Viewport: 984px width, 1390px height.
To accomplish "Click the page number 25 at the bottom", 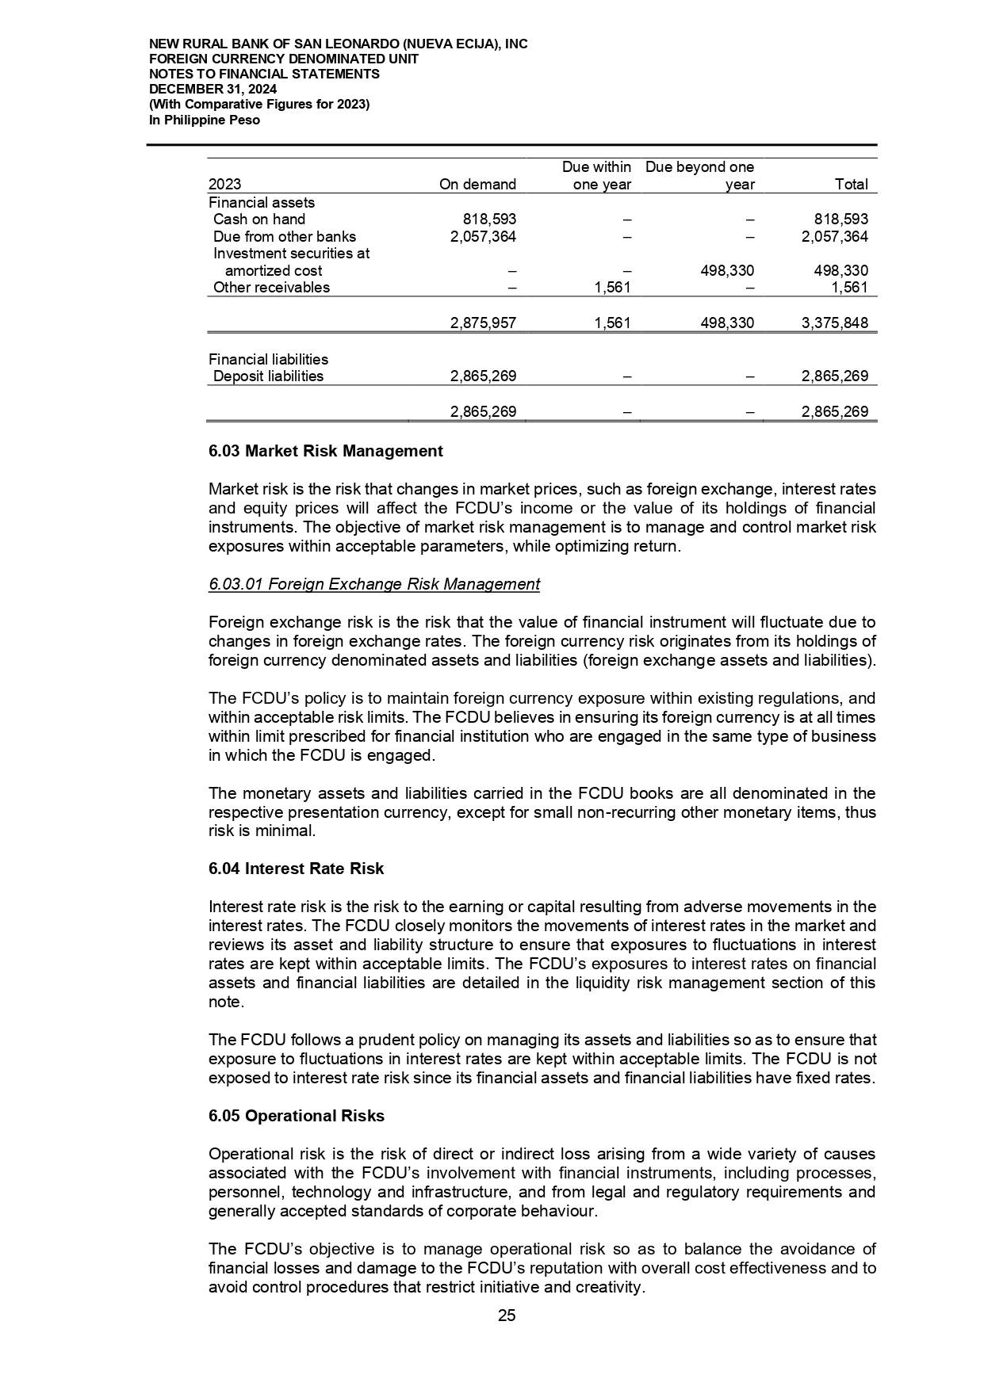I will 507,1316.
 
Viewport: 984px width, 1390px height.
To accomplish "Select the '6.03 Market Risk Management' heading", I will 325,451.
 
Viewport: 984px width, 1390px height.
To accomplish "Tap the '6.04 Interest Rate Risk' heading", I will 296,869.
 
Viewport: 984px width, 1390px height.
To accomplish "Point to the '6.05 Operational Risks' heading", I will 296,1116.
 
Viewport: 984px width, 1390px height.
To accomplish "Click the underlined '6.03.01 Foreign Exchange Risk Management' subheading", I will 373,584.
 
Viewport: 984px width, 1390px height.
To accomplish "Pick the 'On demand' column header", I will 477,185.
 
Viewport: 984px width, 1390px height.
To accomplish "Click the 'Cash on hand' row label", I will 259,220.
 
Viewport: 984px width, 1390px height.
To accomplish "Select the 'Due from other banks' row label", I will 285,236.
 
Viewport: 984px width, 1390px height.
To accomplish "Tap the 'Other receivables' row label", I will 271,288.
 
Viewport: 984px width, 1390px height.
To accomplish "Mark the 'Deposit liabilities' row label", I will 268,376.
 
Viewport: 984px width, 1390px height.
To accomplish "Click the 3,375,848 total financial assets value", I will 834,323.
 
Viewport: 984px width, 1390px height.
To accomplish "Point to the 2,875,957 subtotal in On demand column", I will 483,323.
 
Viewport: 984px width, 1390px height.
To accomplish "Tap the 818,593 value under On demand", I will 489,220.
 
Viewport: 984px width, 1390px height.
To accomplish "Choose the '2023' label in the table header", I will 225,185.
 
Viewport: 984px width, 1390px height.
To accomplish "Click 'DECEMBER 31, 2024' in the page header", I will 212,89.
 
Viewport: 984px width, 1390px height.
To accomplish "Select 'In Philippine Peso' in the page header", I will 205,120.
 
